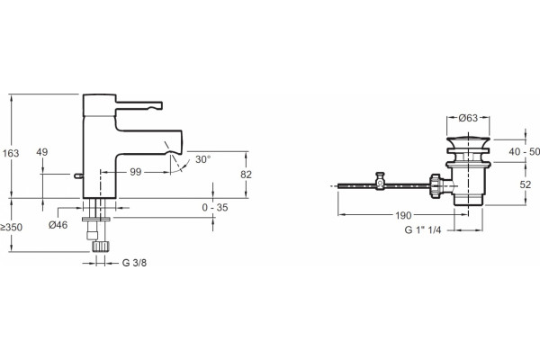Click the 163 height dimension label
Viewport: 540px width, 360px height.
click(x=11, y=153)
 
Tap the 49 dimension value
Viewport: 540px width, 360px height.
click(x=42, y=152)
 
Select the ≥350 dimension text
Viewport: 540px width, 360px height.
click(x=11, y=228)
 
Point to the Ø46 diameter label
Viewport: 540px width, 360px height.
click(x=58, y=225)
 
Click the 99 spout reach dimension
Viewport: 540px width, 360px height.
click(x=136, y=172)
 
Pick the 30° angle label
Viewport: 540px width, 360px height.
click(x=202, y=159)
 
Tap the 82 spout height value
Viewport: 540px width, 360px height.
click(x=246, y=175)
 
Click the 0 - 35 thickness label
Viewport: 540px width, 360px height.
click(x=215, y=207)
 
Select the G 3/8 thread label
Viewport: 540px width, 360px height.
click(x=134, y=263)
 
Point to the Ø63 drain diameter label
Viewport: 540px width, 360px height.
click(x=468, y=118)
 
